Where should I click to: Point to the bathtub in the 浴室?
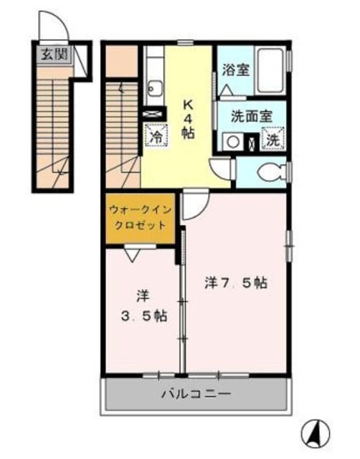(270, 71)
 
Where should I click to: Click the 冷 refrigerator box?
(155, 135)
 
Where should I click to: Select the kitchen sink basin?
(153, 89)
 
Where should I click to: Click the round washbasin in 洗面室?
(232, 141)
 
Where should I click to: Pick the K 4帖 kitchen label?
(188, 118)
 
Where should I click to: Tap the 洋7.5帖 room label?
(235, 283)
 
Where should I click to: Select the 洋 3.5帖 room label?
(141, 306)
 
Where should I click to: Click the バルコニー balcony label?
(195, 394)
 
